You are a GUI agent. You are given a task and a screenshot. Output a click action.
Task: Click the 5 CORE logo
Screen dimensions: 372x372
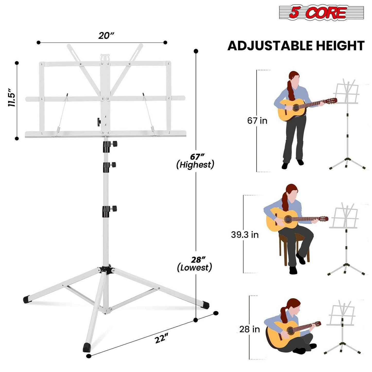[321, 13]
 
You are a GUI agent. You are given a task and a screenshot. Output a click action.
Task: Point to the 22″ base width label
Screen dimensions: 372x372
[161, 338]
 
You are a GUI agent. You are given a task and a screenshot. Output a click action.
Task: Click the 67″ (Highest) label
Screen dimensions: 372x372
[195, 161]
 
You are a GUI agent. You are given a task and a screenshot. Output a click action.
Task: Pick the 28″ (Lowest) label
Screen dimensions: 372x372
[195, 264]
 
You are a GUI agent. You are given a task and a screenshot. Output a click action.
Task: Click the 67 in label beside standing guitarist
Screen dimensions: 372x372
[257, 120]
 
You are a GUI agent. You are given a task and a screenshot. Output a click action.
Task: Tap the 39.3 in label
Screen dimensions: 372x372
[245, 235]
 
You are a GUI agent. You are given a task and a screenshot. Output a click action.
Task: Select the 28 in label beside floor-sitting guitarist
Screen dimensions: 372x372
[249, 329]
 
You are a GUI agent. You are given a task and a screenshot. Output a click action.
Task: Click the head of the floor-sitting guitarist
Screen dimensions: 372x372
[293, 306]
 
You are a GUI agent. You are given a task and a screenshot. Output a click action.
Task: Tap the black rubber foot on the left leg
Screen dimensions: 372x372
[27, 299]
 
